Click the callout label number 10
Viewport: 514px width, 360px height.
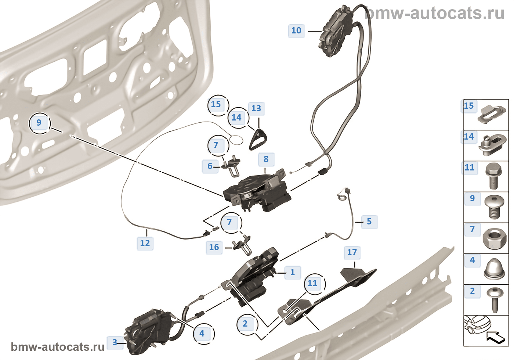296,30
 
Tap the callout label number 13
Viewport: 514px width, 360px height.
256,108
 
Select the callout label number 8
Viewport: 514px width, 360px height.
266,159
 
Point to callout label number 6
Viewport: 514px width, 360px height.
210,166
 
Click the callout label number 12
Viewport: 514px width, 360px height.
145,243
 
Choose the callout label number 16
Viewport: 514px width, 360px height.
214,247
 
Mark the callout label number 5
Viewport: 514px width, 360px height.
369,222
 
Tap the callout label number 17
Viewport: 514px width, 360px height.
352,253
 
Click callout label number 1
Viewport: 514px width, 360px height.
292,272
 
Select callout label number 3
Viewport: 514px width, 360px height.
115,342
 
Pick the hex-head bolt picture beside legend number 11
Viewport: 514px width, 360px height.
493,176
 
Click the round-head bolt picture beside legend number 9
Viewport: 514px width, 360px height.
494,207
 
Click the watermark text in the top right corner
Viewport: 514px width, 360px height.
434,13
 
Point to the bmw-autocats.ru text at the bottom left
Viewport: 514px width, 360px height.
58,347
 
